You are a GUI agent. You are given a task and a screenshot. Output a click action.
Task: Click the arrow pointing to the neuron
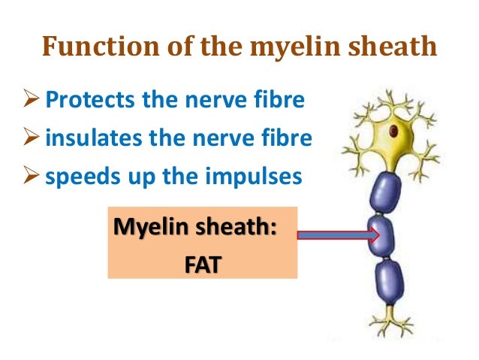pyautogui.click(x=339, y=235)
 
